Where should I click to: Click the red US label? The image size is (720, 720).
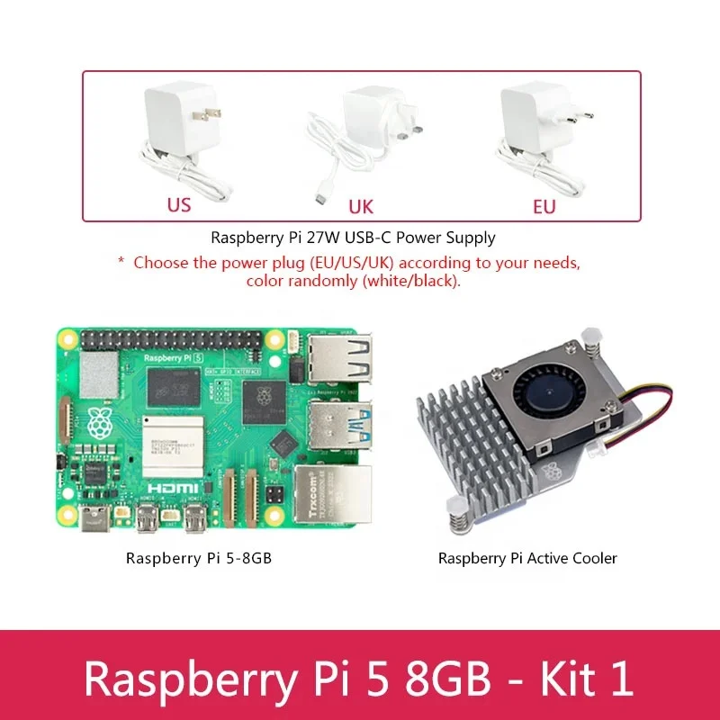pyautogui.click(x=179, y=205)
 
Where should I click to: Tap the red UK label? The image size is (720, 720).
pyautogui.click(x=360, y=207)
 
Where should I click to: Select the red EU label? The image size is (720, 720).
pyautogui.click(x=544, y=207)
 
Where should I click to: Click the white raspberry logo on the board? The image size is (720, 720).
pyautogui.click(x=97, y=419)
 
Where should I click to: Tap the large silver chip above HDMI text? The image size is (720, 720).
pyautogui.click(x=175, y=451)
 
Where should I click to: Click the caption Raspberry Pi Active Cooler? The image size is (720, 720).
pyautogui.click(x=527, y=558)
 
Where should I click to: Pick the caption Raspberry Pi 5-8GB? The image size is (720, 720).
pyautogui.click(x=199, y=558)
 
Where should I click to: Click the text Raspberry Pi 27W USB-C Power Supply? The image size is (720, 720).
pyautogui.click(x=353, y=238)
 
